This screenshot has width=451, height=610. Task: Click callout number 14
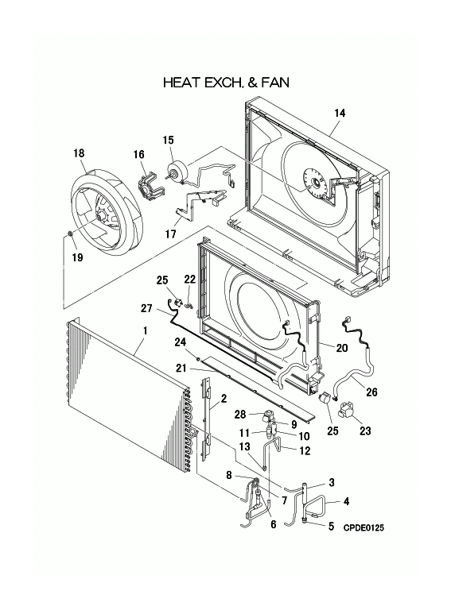point(339,114)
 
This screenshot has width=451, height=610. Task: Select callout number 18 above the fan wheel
point(79,153)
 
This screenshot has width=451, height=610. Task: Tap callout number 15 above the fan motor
point(168,141)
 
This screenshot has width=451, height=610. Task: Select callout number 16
point(138,154)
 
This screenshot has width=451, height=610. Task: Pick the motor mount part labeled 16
point(148,187)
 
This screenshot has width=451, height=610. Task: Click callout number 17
point(170,234)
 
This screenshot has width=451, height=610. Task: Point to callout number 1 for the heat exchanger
point(144,330)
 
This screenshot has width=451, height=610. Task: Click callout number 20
point(343,348)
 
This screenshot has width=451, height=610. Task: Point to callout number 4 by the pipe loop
point(347,500)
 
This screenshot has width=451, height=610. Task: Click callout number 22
point(189,279)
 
